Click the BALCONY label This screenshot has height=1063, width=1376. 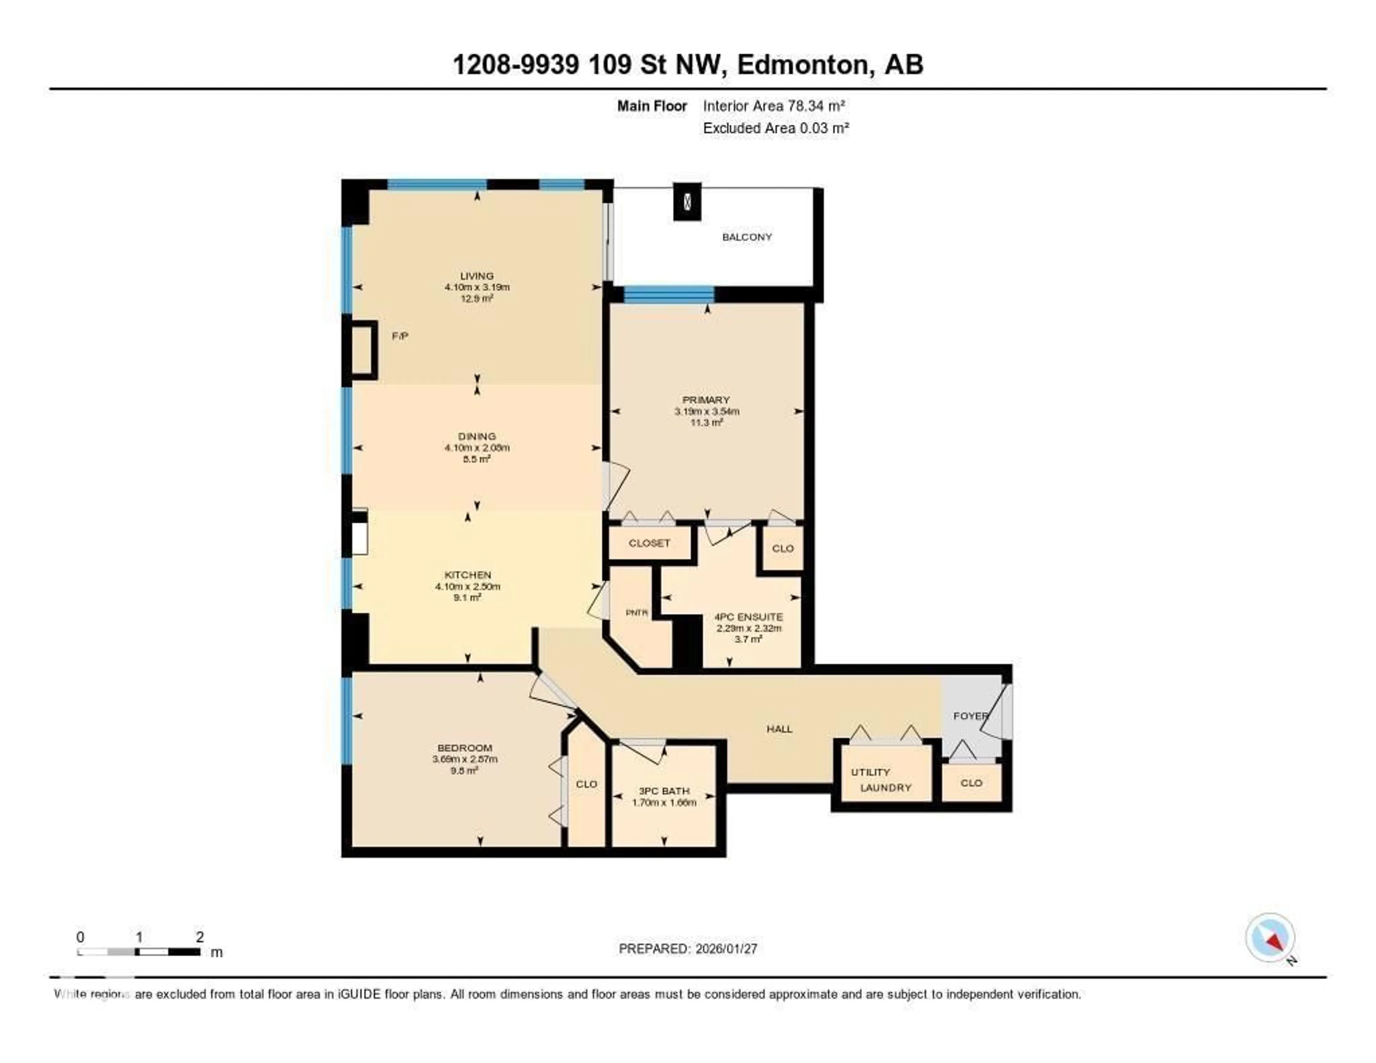(747, 237)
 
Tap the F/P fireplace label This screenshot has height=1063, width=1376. (400, 337)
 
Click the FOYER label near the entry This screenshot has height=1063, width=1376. (970, 716)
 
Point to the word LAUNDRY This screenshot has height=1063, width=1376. (886, 788)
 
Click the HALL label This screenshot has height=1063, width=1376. (779, 729)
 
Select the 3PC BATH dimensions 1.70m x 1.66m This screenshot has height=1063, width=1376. (664, 802)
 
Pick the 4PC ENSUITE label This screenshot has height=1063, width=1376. (749, 617)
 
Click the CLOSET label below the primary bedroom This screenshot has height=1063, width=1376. (649, 543)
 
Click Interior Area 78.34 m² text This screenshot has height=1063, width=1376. (774, 106)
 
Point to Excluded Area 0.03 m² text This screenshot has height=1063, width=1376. (775, 128)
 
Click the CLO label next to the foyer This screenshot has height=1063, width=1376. (971, 783)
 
